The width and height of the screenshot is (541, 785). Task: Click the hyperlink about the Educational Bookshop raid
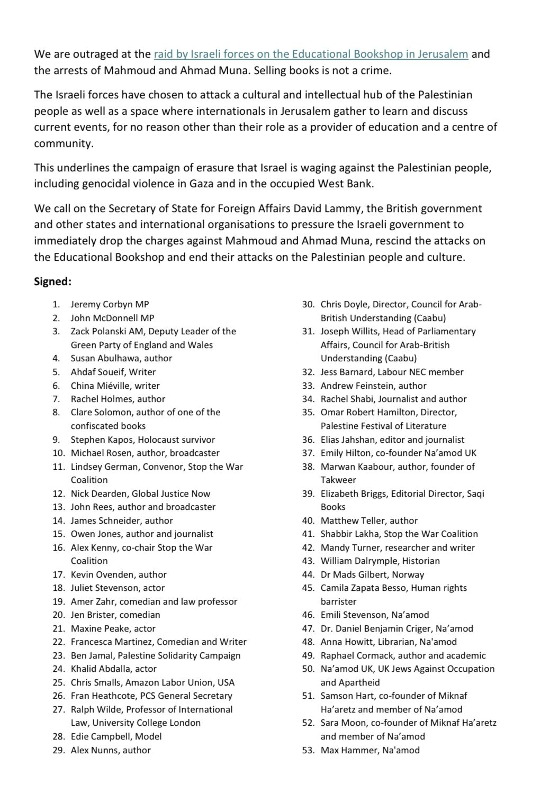[311, 54]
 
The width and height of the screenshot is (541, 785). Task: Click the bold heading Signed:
[52, 281]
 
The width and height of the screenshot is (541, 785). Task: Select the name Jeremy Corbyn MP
[110, 304]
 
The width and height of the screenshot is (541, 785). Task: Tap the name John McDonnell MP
[112, 318]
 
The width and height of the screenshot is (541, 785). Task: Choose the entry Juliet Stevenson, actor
[118, 588]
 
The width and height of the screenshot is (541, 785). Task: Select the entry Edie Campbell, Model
[116, 736]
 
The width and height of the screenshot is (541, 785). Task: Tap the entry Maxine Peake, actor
[113, 628]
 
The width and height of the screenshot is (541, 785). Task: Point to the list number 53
[308, 750]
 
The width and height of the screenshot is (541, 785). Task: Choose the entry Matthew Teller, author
[369, 521]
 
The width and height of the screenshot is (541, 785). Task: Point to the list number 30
[308, 304]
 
